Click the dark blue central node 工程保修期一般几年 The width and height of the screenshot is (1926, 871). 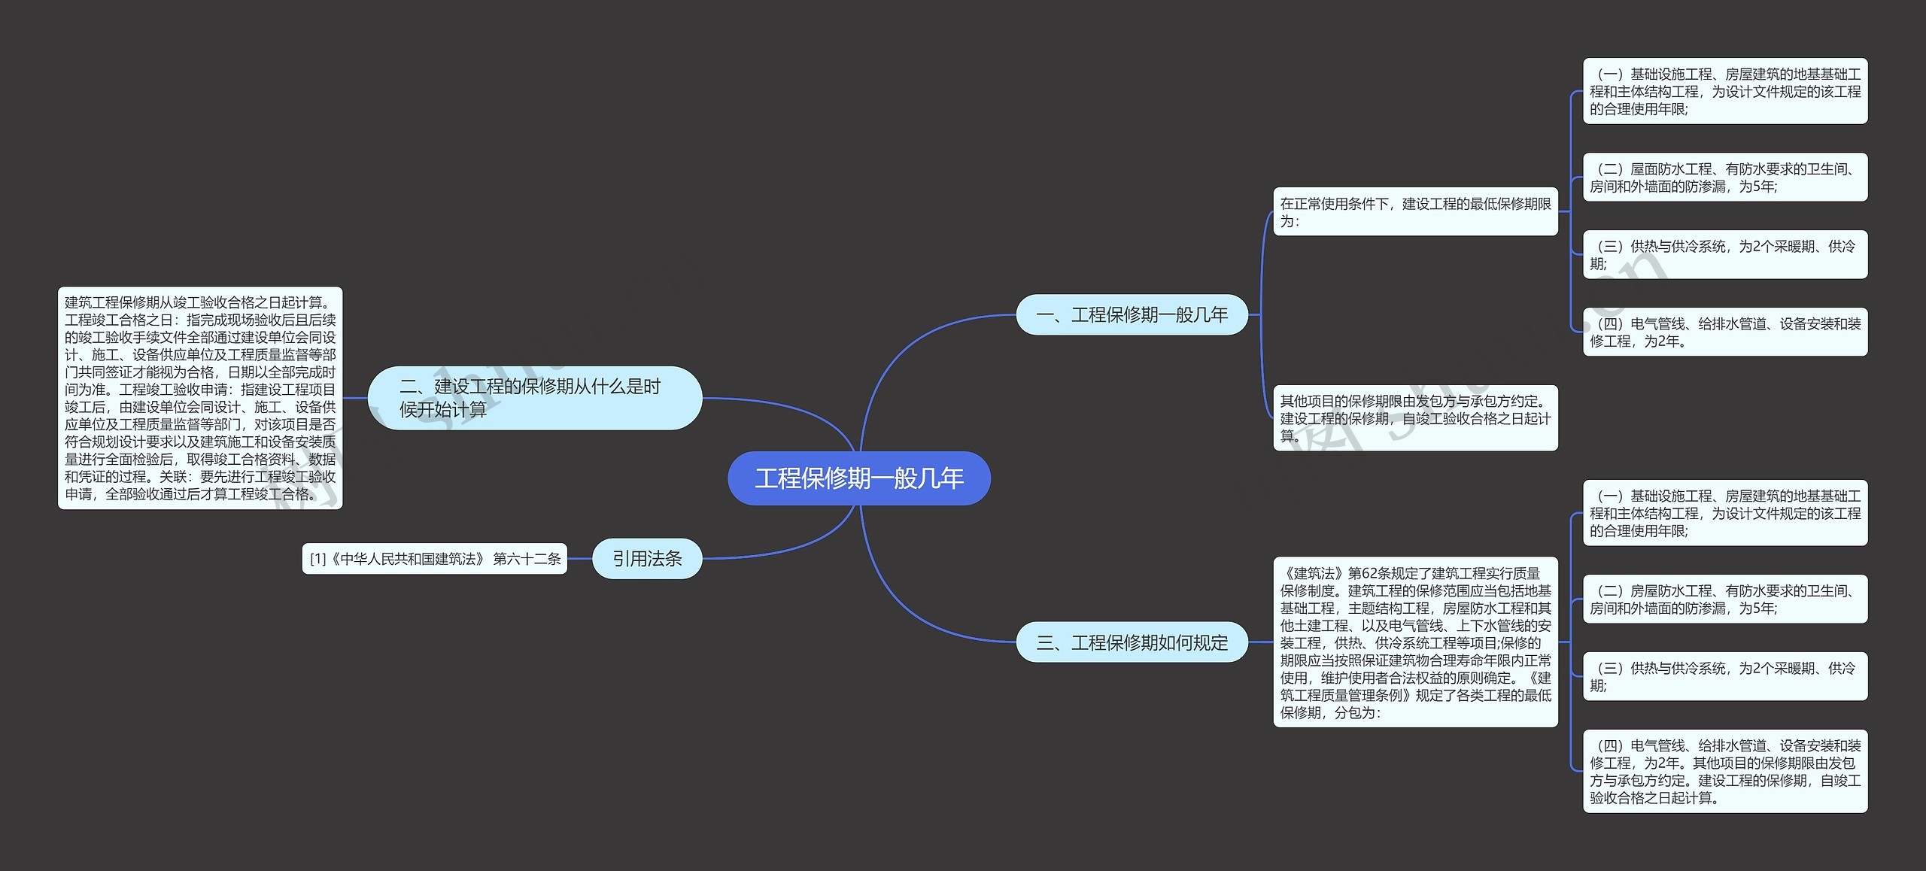tap(858, 478)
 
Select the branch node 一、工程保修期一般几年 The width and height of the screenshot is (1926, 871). tap(1132, 314)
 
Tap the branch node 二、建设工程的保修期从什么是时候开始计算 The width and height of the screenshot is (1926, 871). tap(534, 398)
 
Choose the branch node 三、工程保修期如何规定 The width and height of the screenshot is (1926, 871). tap(1132, 642)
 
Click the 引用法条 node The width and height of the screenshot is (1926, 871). tap(647, 559)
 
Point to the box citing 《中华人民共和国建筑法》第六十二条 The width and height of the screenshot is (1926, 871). tap(435, 559)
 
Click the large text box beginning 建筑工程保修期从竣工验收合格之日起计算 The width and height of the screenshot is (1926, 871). tap(200, 398)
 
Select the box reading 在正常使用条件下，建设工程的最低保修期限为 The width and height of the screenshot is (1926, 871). tap(1415, 212)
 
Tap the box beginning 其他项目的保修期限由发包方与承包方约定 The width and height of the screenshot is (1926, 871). tap(1415, 418)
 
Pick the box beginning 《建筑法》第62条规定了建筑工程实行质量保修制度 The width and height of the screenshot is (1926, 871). tap(1415, 642)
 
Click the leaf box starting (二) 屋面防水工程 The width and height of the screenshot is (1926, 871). tap(1725, 178)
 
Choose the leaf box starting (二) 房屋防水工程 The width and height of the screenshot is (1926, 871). tap(1725, 599)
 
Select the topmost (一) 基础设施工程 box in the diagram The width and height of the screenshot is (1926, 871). tap(1725, 91)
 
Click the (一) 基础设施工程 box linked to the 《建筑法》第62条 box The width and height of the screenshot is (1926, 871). tap(1725, 513)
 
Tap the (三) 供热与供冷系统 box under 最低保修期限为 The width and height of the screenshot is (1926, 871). tap(1725, 255)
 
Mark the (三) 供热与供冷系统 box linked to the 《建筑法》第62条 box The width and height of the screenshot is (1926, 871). tap(1725, 677)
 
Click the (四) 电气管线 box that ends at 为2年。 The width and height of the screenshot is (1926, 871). tap(1725, 332)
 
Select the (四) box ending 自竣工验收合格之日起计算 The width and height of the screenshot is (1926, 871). tap(1725, 771)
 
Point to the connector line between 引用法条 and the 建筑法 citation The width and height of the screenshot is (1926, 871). tap(580, 559)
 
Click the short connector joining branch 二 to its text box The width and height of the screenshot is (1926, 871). tap(355, 398)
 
